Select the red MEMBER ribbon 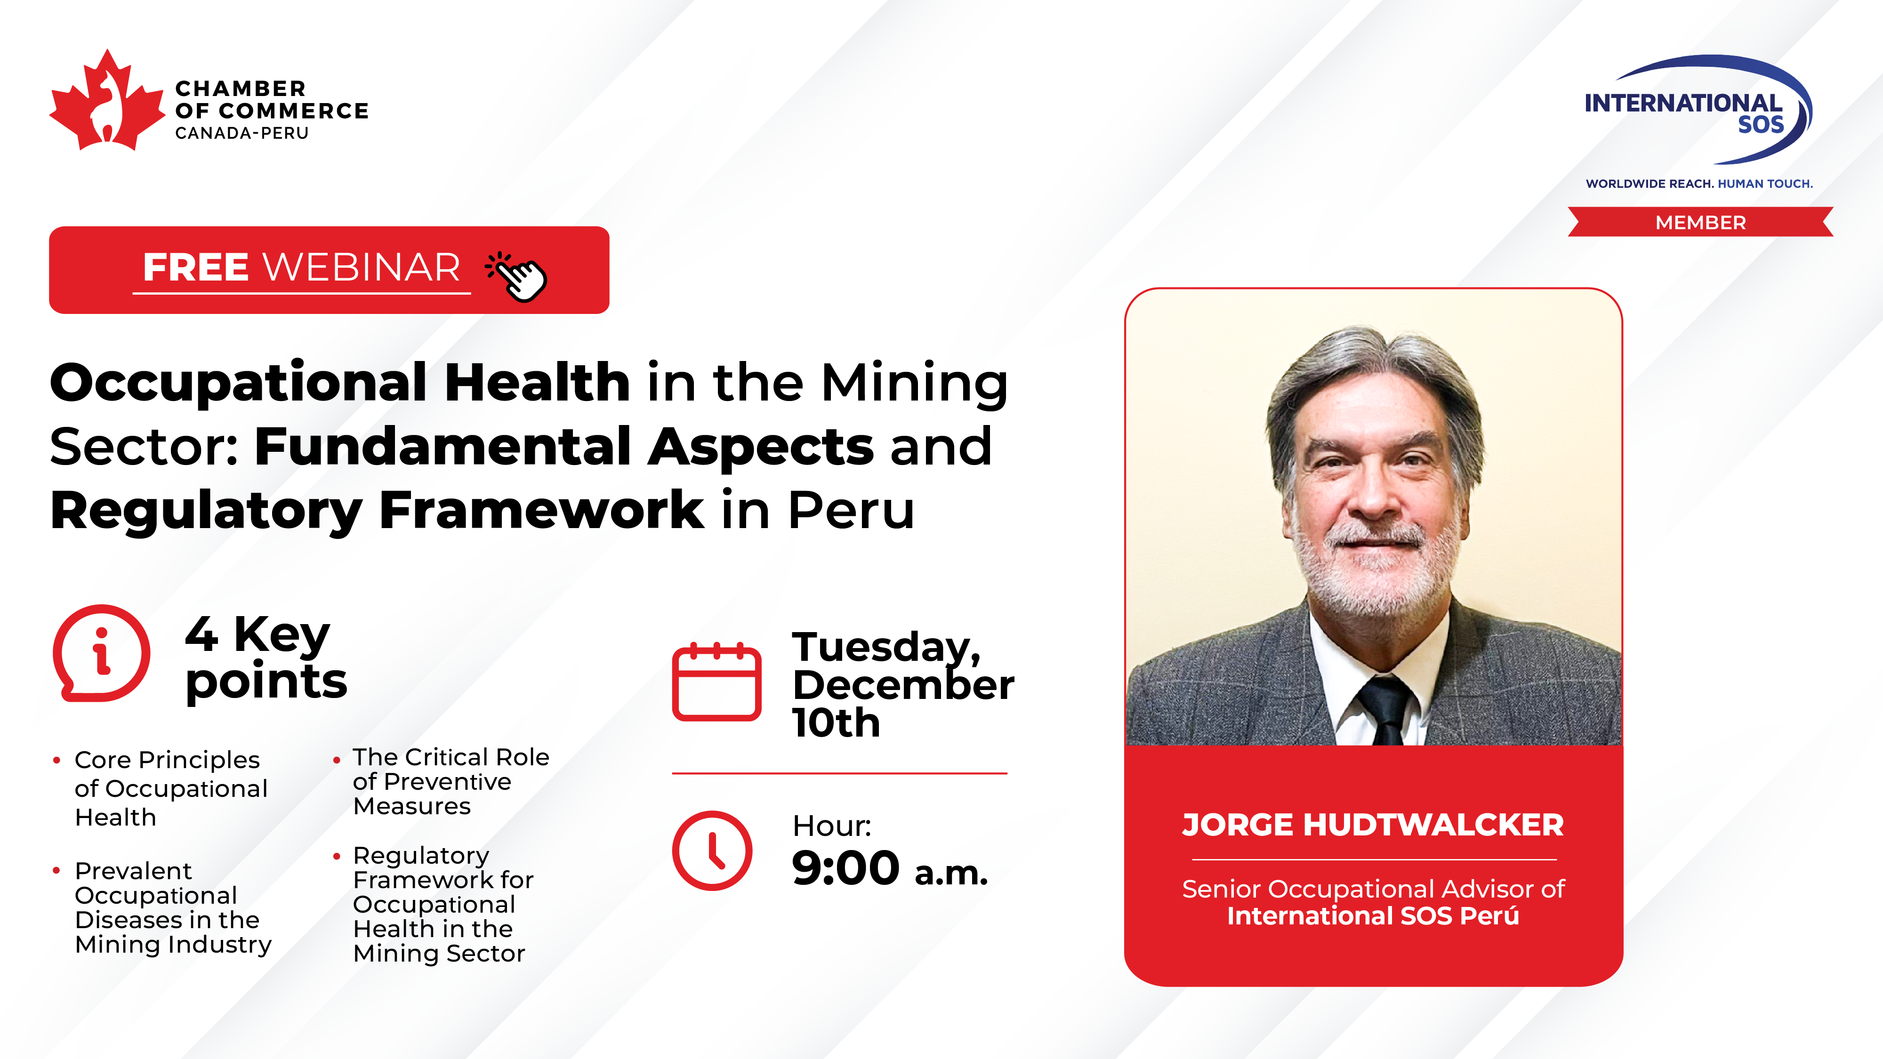[1700, 222]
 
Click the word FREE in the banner [196, 267]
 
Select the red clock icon [712, 850]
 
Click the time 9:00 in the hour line [846, 868]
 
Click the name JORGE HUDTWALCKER [1373, 825]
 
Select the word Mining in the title [915, 383]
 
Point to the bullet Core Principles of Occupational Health [171, 788]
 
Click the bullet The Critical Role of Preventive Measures [451, 781]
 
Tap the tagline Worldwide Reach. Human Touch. [1699, 184]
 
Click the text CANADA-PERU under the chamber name [242, 133]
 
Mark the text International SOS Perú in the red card [1373, 916]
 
